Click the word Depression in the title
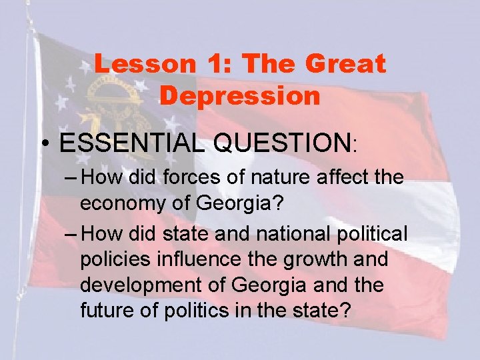pos(240,95)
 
